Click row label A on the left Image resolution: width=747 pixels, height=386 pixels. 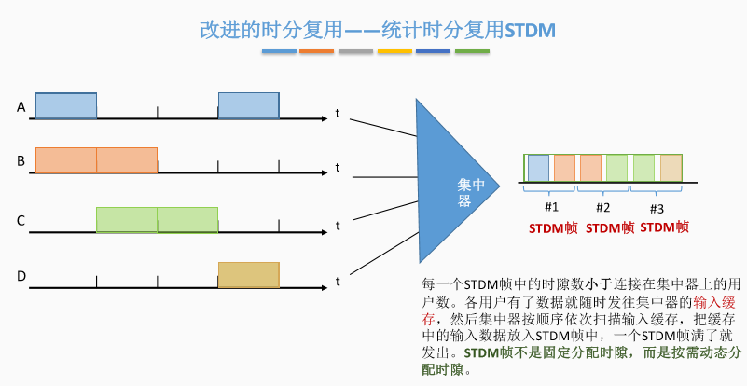click(21, 108)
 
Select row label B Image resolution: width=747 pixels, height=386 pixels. click(21, 161)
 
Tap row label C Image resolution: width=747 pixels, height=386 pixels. click(21, 221)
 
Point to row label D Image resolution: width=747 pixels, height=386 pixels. click(21, 276)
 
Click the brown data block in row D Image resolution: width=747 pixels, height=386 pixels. click(248, 275)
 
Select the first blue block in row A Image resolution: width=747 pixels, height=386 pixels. click(66, 105)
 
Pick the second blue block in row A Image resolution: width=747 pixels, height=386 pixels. click(248, 105)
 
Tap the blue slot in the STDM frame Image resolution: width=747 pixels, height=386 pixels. click(538, 167)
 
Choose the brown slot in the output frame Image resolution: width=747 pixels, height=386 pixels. click(671, 167)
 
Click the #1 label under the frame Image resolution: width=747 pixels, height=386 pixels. click(551, 206)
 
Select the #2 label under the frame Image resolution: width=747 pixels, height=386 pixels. click(603, 206)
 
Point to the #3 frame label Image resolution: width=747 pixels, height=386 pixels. click(657, 207)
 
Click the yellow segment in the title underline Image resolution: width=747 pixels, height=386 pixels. click(395, 52)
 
